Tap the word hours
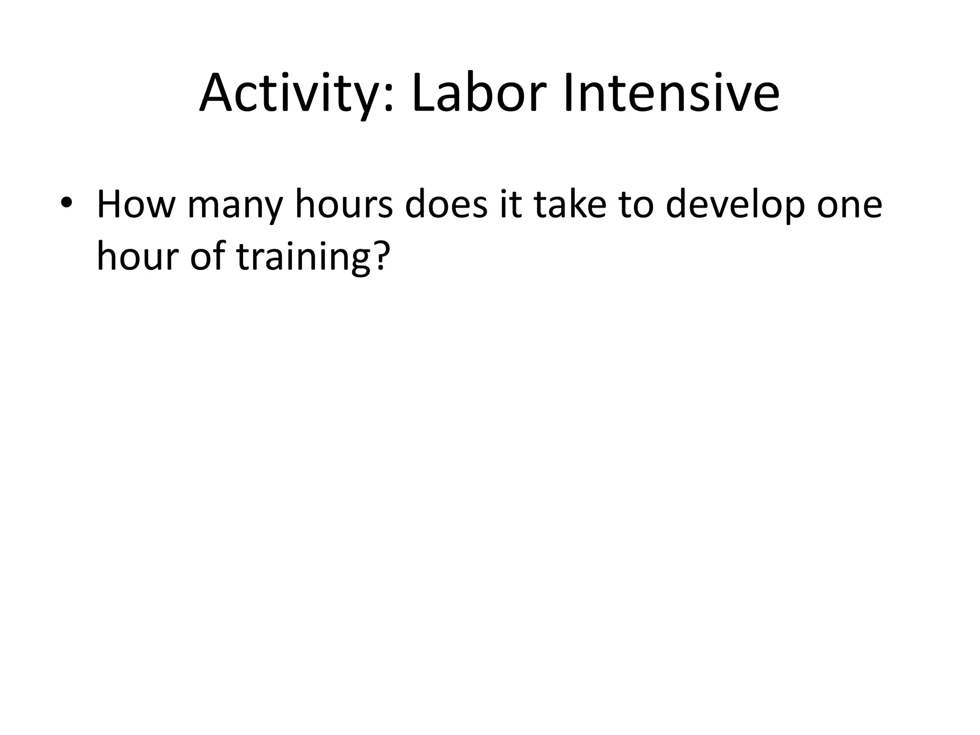click(x=344, y=205)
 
